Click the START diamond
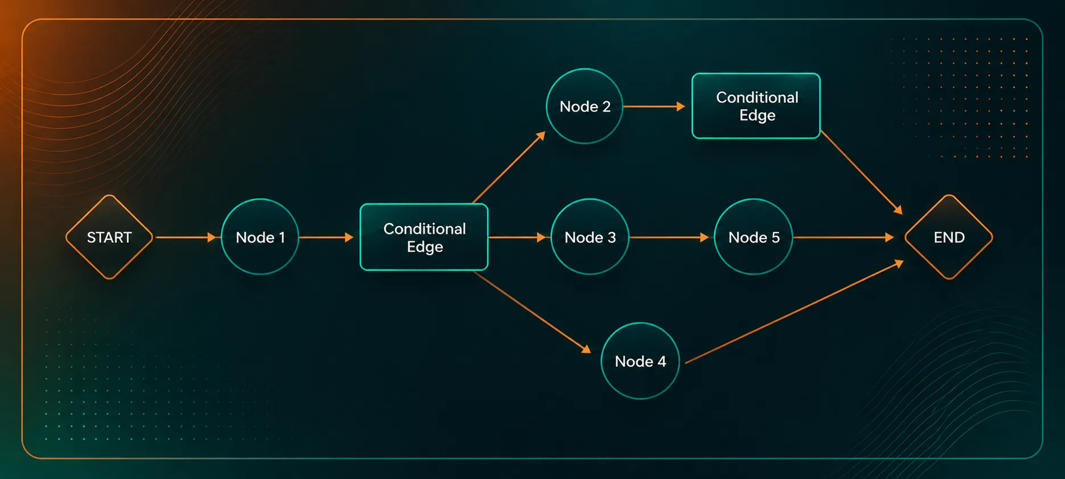point(109,237)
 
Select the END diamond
point(948,237)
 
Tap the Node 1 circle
point(260,237)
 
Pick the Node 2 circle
point(584,107)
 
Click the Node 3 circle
point(589,237)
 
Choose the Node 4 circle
point(640,361)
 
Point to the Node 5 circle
point(753,237)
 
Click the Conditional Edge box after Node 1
point(424,237)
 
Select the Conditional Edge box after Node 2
point(756,106)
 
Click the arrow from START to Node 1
point(186,237)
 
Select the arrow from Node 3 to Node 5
point(670,237)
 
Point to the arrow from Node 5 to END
point(843,237)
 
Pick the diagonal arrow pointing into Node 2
point(509,167)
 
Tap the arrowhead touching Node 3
point(542,237)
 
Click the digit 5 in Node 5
point(776,237)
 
